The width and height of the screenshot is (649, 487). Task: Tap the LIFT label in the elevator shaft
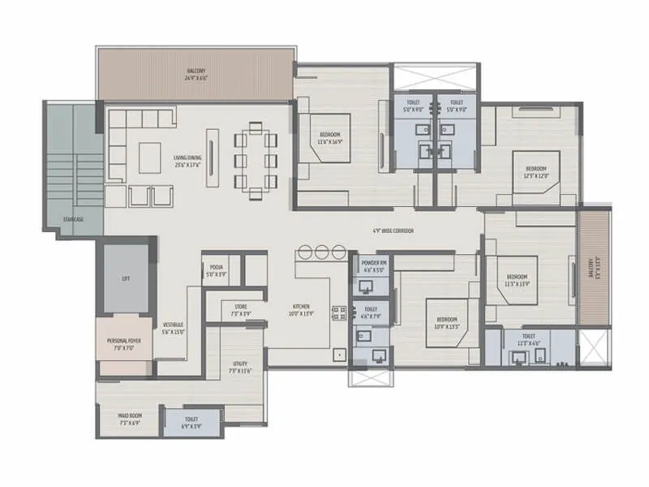[x=126, y=278]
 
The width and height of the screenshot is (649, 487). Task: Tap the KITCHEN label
[x=301, y=309]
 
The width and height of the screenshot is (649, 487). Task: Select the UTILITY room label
[x=240, y=366]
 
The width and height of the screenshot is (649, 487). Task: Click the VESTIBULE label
[x=174, y=327]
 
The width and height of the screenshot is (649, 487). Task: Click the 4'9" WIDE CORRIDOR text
[x=393, y=231]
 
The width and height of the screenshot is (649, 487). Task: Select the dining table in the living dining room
[x=256, y=160]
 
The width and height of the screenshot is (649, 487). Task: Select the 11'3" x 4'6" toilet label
[x=528, y=338]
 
